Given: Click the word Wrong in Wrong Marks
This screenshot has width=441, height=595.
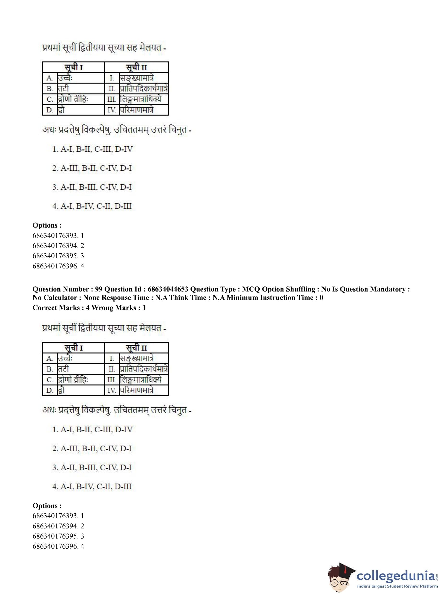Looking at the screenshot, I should (102, 308).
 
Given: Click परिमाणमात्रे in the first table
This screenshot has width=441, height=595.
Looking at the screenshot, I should (136, 110).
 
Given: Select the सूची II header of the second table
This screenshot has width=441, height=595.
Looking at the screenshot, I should (136, 348).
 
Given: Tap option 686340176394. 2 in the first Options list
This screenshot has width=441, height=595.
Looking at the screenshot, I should (58, 245).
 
